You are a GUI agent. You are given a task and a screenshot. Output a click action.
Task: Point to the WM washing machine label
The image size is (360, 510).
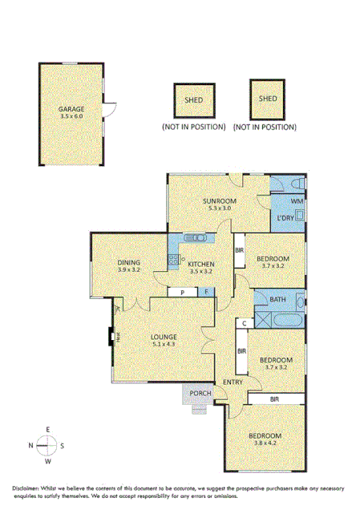click(x=296, y=200)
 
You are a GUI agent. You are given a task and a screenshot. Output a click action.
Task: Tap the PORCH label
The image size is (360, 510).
click(x=200, y=393)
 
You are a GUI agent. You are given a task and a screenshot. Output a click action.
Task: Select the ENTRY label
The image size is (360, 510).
click(x=233, y=382)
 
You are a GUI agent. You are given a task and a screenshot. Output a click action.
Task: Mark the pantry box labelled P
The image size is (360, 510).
click(x=182, y=293)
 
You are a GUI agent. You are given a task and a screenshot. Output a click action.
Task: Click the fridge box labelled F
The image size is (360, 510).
click(x=207, y=293)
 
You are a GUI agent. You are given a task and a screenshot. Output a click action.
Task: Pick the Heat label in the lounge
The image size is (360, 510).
click(x=117, y=338)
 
